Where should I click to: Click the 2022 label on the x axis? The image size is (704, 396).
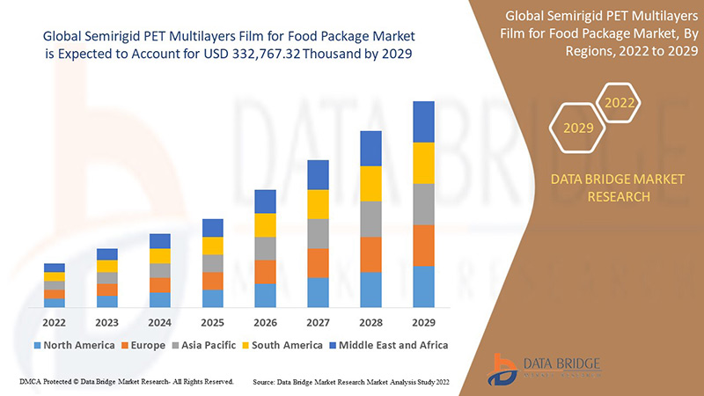pos(55,322)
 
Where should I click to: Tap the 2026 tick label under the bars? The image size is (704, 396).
pos(265,322)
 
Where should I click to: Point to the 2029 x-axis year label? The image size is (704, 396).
pos(423,322)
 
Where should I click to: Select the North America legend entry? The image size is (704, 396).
pos(75,345)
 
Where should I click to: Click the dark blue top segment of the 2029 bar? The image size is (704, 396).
pos(423,121)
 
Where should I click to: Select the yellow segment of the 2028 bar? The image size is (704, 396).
pos(370,183)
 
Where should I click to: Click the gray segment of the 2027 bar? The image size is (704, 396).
pos(318,233)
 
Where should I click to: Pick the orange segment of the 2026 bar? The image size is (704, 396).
pos(265,271)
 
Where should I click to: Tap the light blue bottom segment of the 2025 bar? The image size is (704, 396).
pos(212,298)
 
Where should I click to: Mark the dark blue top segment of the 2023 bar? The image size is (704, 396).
pos(107,254)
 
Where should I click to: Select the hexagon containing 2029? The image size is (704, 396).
pos(578,128)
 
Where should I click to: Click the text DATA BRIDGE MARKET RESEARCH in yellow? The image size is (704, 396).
pos(616,187)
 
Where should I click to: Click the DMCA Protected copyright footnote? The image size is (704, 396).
pos(126,382)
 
